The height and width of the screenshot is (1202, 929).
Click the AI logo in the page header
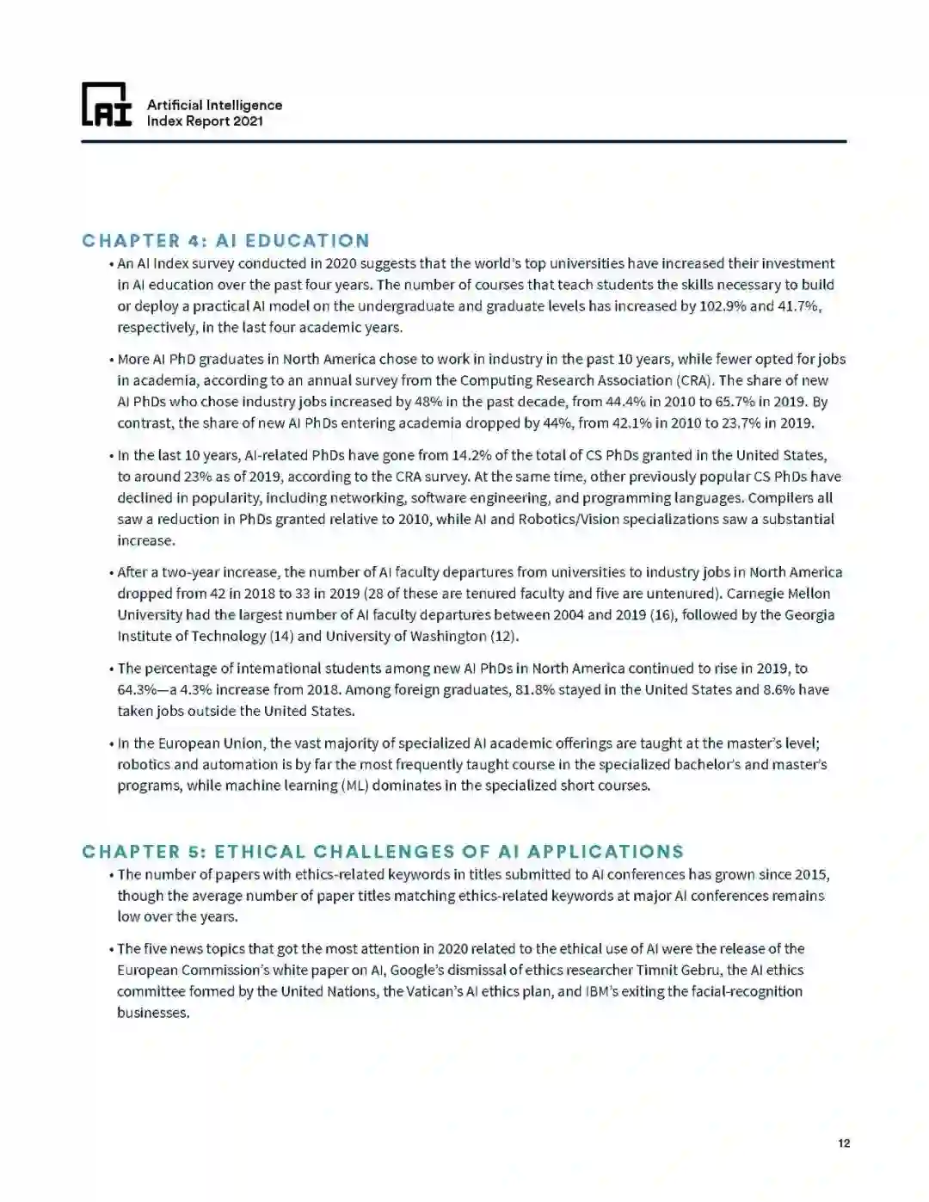coord(107,105)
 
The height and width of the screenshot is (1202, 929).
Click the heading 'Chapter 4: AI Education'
coord(225,241)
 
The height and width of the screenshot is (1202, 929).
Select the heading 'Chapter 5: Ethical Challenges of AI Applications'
coord(383,852)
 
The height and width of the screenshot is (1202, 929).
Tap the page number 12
coord(843,1143)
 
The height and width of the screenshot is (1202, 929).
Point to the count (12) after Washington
coord(503,637)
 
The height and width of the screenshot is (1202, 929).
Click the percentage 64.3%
coord(138,690)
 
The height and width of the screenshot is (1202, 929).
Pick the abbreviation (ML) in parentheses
coord(354,786)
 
